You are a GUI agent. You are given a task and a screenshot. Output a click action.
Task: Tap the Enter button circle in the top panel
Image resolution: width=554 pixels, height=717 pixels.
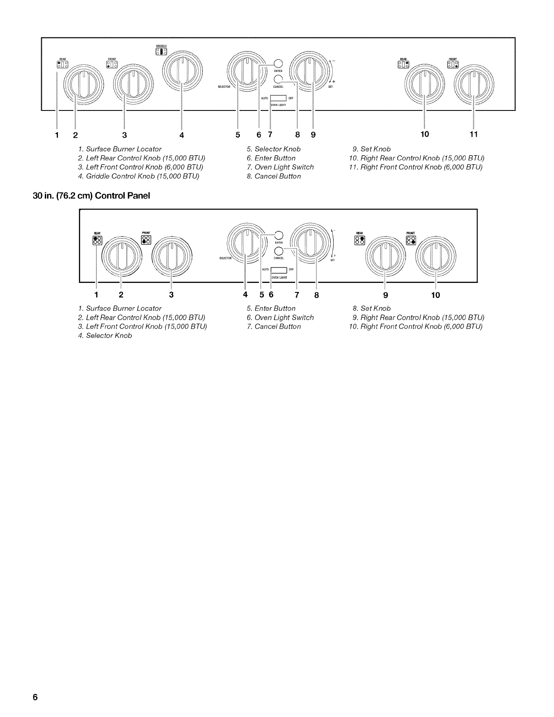click(278, 63)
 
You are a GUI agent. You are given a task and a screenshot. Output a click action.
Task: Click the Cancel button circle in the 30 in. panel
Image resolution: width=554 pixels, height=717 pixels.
click(279, 252)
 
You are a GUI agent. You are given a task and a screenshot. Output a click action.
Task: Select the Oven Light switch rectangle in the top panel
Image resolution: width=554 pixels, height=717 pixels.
click(278, 98)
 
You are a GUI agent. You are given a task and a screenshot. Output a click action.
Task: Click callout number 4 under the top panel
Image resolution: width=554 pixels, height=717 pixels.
click(181, 135)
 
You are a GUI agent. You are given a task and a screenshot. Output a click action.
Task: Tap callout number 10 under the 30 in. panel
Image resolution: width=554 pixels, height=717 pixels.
click(435, 295)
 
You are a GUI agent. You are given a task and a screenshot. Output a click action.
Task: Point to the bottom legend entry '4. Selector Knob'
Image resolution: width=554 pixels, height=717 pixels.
click(105, 335)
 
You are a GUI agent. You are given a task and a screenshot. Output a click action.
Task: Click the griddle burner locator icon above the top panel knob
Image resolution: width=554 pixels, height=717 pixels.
click(161, 52)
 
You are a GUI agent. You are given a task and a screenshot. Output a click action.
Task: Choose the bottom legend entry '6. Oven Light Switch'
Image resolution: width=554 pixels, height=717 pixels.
click(280, 317)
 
